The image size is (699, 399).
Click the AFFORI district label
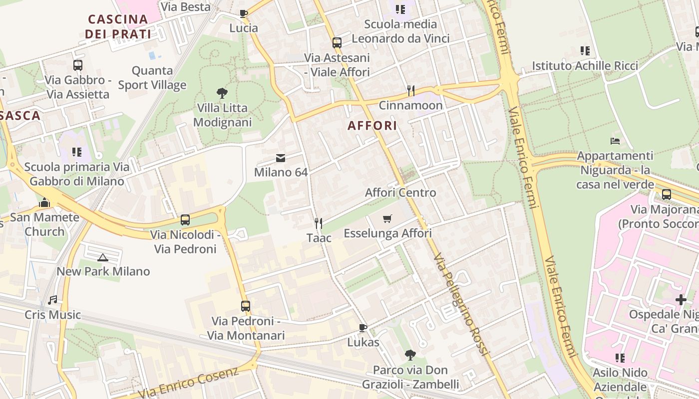click(372, 126)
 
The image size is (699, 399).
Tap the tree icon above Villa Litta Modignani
click(222, 93)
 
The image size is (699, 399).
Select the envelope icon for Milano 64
click(281, 158)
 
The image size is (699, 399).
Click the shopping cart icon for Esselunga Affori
click(387, 218)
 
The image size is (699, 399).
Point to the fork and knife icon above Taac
click(319, 223)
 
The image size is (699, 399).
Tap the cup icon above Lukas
click(363, 328)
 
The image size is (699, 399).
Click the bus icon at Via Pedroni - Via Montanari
click(246, 306)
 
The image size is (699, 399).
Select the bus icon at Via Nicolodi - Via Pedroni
click(185, 220)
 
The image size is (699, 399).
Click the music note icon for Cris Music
click(52, 300)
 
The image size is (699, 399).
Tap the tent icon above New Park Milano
click(103, 257)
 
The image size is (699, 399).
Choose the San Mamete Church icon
click(44, 202)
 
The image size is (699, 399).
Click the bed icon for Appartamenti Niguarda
click(615, 141)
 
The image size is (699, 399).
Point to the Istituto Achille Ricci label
click(585, 66)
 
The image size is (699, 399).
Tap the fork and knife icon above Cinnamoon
click(411, 90)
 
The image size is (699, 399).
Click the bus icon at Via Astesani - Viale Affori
click(337, 43)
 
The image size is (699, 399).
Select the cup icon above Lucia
click(244, 13)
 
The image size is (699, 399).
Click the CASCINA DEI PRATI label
click(118, 26)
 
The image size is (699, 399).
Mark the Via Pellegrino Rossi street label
click(460, 304)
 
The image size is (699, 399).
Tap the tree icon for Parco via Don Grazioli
click(410, 355)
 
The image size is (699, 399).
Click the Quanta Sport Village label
click(152, 78)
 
